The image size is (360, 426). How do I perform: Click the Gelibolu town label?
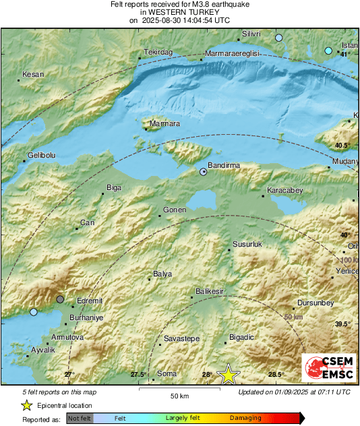pos(40,156)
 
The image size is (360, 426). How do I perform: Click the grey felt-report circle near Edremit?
pos(61,299)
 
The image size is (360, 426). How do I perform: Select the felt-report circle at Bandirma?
pos(204,173)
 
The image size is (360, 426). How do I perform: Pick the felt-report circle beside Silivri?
pos(279,38)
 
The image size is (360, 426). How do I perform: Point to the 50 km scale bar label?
pos(179,396)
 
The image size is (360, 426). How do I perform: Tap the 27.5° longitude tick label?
pos(138,374)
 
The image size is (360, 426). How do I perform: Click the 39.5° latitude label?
pos(343,324)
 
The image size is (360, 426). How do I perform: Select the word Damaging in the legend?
pos(247,418)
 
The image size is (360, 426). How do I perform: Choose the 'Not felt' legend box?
pos(80,418)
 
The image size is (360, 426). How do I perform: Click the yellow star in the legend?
pos(27,405)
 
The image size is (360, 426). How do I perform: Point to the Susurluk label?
pos(246,243)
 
